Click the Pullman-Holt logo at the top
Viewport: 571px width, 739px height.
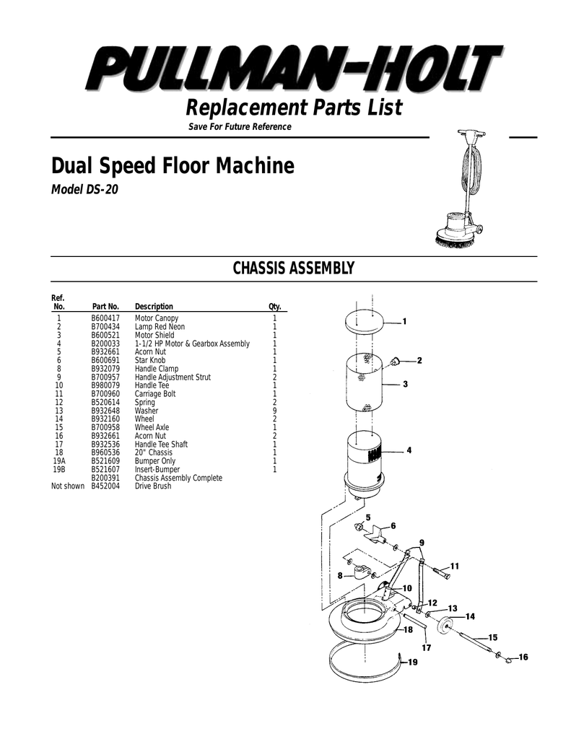(292, 71)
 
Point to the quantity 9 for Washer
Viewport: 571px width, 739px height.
(274, 411)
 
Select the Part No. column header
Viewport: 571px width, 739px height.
(105, 306)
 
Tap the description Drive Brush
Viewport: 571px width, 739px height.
(153, 486)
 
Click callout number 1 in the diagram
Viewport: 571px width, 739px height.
(405, 321)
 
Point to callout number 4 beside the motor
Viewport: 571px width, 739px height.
(409, 451)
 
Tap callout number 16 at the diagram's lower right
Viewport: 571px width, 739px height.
(523, 657)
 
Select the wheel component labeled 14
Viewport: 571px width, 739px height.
(444, 626)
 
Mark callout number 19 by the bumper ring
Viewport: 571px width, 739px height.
(413, 662)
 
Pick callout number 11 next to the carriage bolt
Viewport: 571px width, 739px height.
(454, 566)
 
